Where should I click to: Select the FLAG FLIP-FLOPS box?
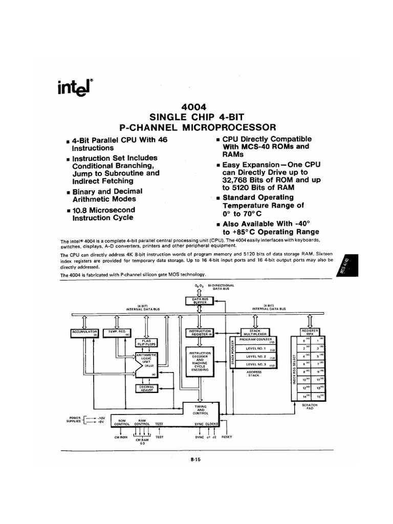coord(146,342)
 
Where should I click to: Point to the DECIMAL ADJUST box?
coord(146,388)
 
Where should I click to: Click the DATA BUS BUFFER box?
coord(198,300)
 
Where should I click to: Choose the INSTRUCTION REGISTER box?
coord(200,332)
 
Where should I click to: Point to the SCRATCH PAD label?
coord(311,406)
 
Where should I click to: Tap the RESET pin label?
coord(227,437)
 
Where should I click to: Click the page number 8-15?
coord(195,460)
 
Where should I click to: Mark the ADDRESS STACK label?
coord(254,374)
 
